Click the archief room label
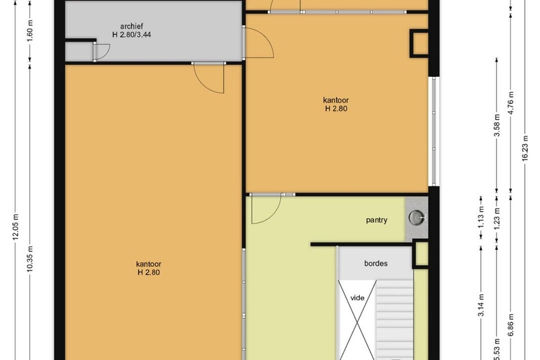(132, 26)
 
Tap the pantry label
(377, 220)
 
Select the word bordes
(376, 264)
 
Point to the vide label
(357, 298)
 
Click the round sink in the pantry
(416, 217)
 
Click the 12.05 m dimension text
(16, 227)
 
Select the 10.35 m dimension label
(30, 259)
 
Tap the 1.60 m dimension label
(30, 30)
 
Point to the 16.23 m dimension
(525, 147)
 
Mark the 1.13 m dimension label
(481, 217)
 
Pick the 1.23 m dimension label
(496, 217)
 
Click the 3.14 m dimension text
(481, 305)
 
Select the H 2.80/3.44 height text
(132, 35)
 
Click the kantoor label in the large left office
(148, 264)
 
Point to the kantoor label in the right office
(336, 100)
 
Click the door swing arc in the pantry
(272, 215)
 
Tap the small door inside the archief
(101, 53)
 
